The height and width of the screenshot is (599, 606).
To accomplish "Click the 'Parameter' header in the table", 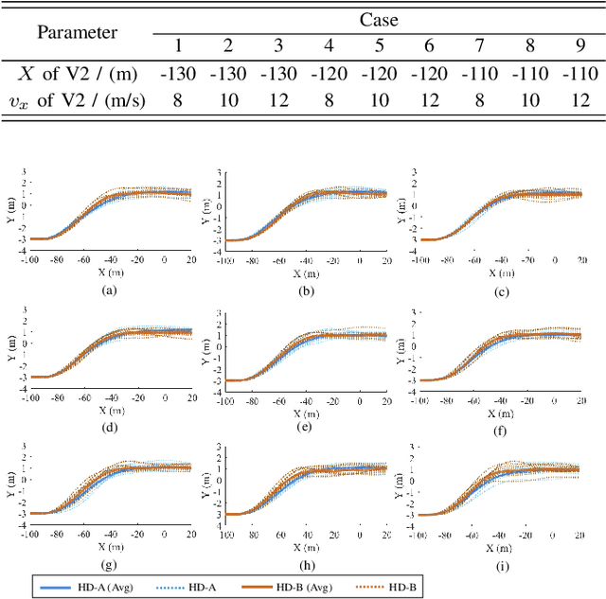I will tap(77, 32).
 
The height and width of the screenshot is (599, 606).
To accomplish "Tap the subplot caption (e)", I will tap(306, 426).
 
